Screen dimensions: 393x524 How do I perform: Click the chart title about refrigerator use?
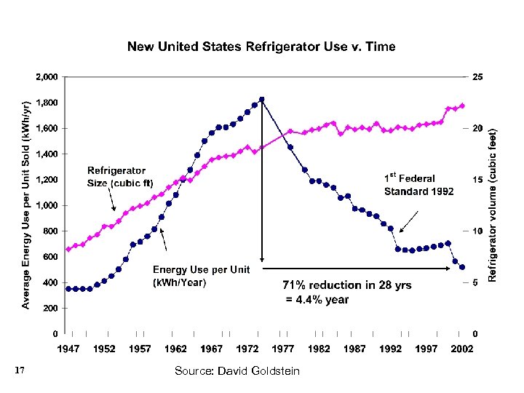pos(261,47)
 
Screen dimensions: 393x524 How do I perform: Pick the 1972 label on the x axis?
pos(247,349)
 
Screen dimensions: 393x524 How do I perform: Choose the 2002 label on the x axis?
pos(461,349)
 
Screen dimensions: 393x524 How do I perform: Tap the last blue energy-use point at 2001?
pos(462,268)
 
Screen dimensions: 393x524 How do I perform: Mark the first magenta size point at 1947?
pos(68,249)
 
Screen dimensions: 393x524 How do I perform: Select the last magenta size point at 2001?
pos(462,106)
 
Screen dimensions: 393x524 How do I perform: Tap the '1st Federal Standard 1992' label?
pos(418,185)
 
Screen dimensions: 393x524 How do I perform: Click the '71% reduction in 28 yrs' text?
pos(346,285)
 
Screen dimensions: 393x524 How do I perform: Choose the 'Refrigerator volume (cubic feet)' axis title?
pos(493,205)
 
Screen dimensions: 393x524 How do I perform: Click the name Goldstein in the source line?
pos(274,372)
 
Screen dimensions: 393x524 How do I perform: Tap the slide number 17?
pos(20,372)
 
